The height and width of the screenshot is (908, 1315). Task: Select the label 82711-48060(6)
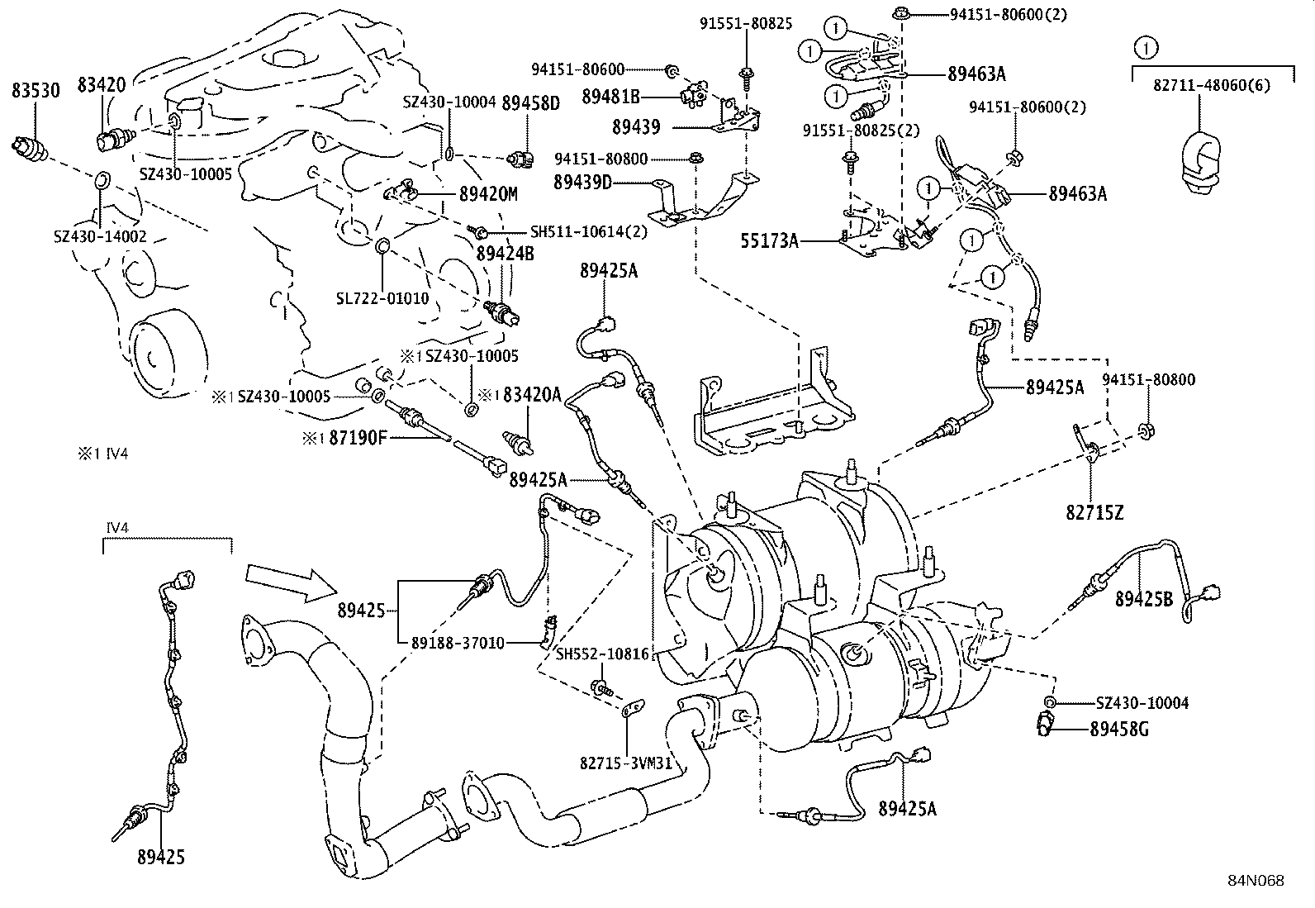[x=1212, y=85]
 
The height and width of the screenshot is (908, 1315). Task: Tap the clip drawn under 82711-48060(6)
[x=1199, y=162]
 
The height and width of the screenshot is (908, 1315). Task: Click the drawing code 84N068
[x=1255, y=881]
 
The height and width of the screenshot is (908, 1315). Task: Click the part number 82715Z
[x=1094, y=513]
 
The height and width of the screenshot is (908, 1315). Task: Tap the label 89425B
[x=1143, y=599]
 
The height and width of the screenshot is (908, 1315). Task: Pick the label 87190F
[x=357, y=438]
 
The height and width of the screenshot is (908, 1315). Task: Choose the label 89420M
[x=487, y=194]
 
